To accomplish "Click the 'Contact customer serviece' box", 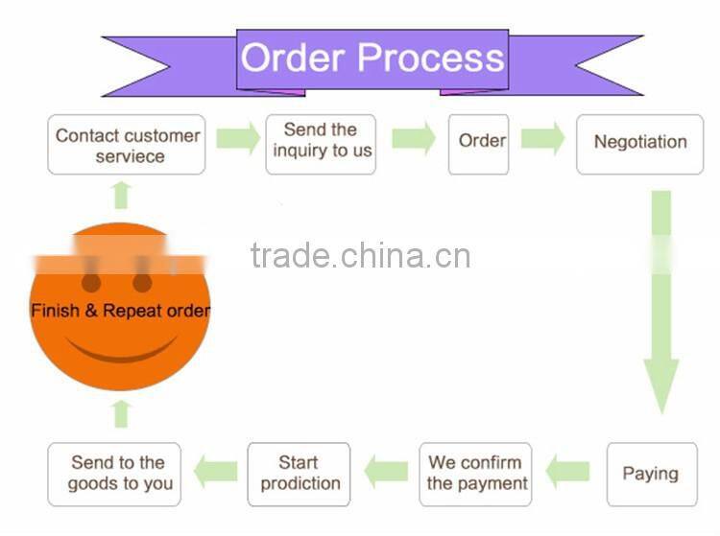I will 127,145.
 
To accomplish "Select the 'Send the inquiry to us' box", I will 321,144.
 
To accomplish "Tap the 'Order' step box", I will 478,144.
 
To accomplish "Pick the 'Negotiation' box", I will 639,144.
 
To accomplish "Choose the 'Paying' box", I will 651,473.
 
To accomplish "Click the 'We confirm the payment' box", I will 477,473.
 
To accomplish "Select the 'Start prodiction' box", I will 300,473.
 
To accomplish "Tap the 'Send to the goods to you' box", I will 118,473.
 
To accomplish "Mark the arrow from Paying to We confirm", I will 568,471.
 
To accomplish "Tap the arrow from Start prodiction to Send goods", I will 216,471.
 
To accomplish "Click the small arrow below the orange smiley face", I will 121,413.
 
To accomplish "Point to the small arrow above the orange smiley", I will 121,195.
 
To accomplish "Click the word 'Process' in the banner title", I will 432,58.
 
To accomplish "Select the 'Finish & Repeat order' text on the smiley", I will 120,311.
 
